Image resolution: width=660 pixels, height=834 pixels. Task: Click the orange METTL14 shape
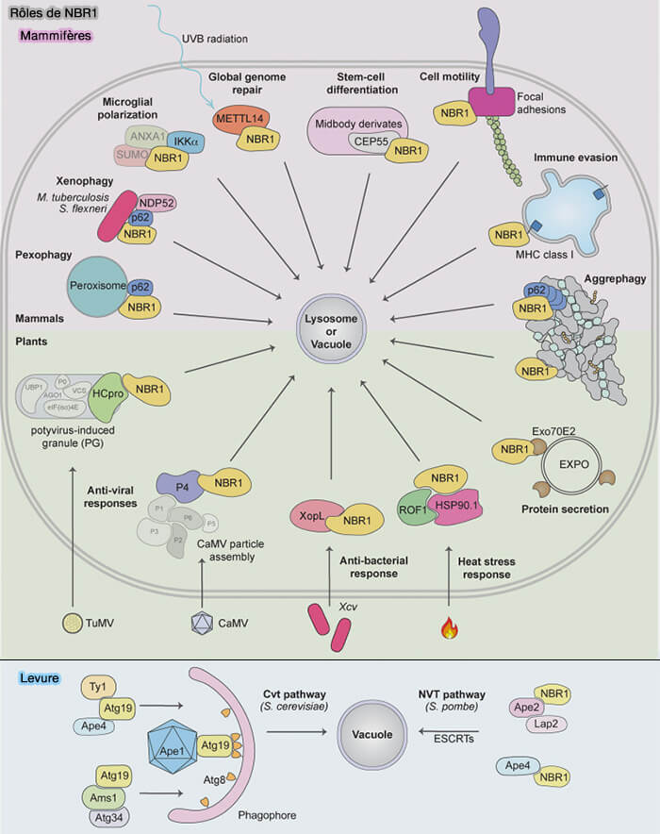pos(239,120)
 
